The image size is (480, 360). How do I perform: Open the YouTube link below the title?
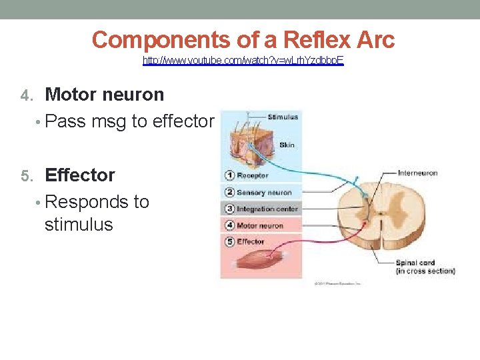click(243, 61)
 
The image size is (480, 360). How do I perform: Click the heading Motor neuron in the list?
click(104, 95)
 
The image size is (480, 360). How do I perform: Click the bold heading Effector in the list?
click(79, 175)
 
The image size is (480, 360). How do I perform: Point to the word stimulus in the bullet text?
click(79, 224)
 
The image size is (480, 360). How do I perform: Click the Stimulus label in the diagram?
click(283, 117)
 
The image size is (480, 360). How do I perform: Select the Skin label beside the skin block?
click(287, 145)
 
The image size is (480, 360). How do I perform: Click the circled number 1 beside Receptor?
click(229, 176)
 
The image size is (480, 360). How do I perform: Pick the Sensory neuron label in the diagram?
click(265, 193)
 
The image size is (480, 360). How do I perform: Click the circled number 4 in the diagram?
click(229, 225)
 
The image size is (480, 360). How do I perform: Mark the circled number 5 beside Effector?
click(229, 241)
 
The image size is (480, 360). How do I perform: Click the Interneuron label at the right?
click(417, 173)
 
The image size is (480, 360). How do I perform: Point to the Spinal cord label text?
click(415, 263)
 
